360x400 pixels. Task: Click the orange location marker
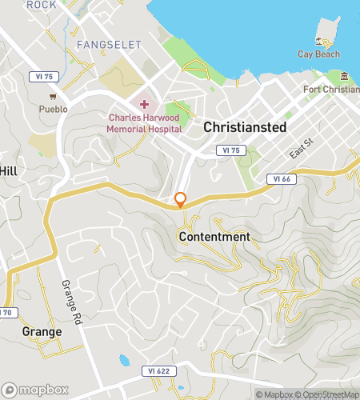tap(181, 200)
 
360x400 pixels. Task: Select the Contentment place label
tap(214, 237)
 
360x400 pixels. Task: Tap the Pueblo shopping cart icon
tap(52, 96)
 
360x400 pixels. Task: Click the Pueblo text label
tap(52, 108)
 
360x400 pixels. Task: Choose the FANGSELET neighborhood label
tap(109, 45)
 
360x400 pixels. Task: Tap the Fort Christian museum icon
tap(344, 76)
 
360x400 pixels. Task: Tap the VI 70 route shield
tap(6, 311)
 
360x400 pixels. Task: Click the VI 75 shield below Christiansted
tap(230, 150)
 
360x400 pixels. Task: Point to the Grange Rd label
tap(70, 298)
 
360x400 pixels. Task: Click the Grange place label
tap(42, 330)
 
